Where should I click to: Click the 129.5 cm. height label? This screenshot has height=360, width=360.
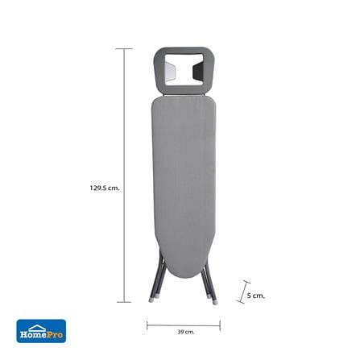click(x=105, y=188)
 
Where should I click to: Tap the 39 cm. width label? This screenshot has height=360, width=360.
click(x=185, y=332)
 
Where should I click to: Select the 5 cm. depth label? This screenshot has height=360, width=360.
click(x=255, y=296)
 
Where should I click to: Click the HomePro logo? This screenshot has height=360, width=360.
click(x=41, y=331)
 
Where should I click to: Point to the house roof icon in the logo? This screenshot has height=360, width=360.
click(x=37, y=328)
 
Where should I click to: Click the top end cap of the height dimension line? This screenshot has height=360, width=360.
click(x=124, y=49)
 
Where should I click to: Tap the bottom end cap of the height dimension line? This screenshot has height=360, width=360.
click(x=124, y=302)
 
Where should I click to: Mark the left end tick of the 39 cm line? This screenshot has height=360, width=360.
click(x=147, y=325)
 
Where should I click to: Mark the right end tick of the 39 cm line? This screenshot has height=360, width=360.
click(x=220, y=325)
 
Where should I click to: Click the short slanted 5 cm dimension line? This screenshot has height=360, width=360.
click(x=244, y=292)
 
